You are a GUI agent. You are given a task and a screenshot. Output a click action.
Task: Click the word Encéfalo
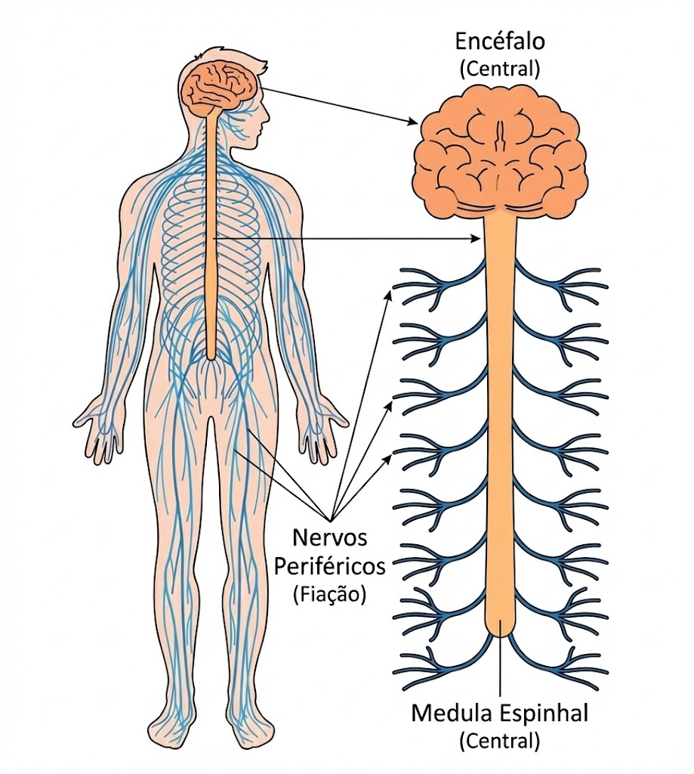(500, 42)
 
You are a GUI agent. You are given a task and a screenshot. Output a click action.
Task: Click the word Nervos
(329, 537)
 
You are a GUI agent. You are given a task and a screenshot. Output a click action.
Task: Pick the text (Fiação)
(329, 594)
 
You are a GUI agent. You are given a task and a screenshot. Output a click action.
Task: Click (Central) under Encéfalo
(500, 69)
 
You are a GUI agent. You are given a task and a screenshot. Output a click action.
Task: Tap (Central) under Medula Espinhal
(500, 741)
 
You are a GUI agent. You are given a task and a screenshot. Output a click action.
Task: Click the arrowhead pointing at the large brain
(413, 122)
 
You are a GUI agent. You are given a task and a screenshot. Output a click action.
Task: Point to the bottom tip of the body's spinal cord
(211, 357)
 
